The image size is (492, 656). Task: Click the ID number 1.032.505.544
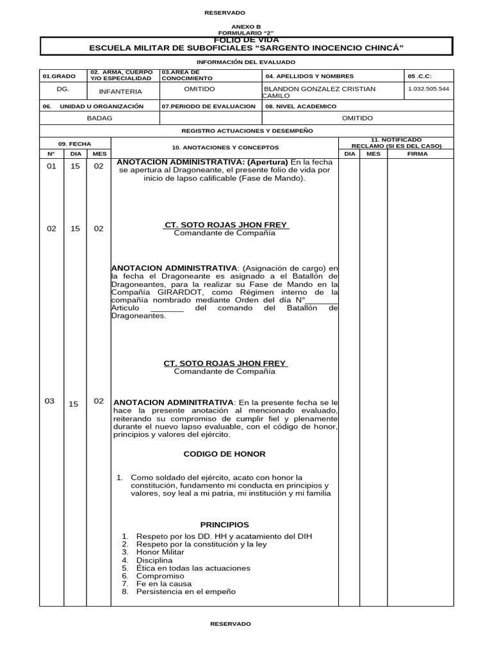click(x=429, y=88)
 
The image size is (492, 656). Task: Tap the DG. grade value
click(x=63, y=89)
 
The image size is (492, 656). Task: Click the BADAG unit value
click(x=99, y=118)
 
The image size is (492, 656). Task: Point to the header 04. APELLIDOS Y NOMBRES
click(x=309, y=76)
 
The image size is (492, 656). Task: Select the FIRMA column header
click(x=417, y=154)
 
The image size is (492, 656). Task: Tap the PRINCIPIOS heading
click(x=224, y=524)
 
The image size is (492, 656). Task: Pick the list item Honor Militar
click(x=160, y=552)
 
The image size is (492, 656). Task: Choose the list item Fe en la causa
click(x=163, y=584)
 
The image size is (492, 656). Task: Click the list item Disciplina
click(x=154, y=560)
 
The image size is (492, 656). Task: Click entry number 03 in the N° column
click(x=50, y=401)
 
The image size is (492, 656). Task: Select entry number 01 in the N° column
click(x=51, y=166)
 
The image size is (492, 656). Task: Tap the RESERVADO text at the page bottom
click(x=231, y=623)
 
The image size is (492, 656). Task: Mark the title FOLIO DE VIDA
click(x=246, y=40)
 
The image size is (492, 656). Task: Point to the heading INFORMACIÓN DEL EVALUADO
click(x=246, y=62)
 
